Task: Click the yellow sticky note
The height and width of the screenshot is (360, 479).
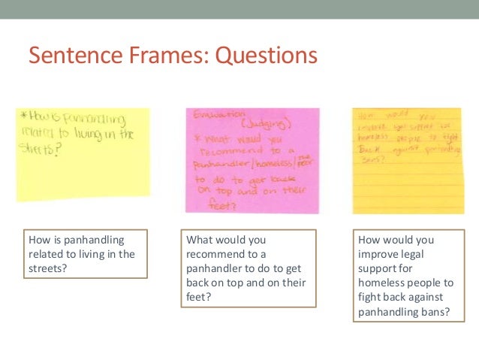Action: [x=83, y=154]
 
